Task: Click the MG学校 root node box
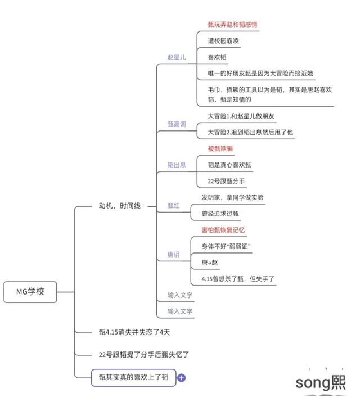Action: [30, 291]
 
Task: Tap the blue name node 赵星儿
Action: [177, 57]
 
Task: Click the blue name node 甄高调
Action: [177, 124]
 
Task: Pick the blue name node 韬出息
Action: [177, 165]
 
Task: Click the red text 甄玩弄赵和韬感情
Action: [233, 25]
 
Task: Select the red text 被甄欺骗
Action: [220, 148]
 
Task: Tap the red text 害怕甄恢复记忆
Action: [223, 230]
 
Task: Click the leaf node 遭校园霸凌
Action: [224, 40]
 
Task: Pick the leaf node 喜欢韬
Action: [217, 57]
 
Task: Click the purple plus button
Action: [182, 378]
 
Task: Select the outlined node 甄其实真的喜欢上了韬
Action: [133, 377]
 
